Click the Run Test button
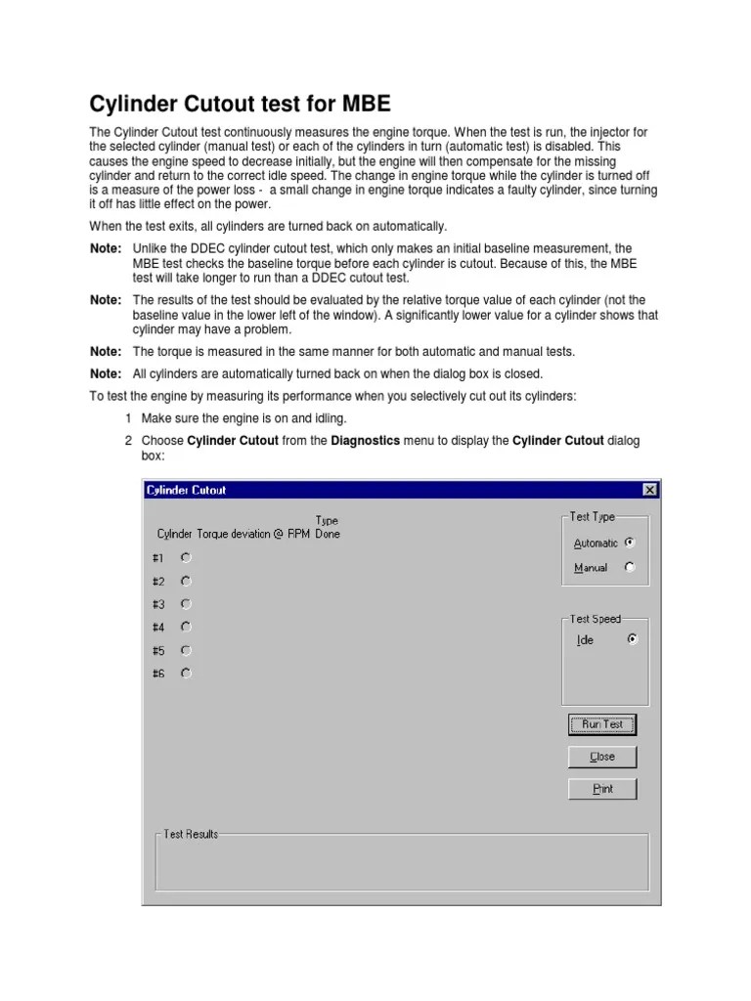click(602, 724)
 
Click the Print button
click(602, 789)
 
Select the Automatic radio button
click(630, 543)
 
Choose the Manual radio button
click(630, 567)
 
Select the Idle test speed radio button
click(632, 639)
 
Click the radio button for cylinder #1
click(186, 557)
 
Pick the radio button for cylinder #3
click(186, 604)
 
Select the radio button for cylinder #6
click(186, 673)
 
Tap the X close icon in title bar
click(649, 490)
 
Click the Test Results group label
click(192, 834)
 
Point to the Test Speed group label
click(596, 619)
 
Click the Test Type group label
click(593, 517)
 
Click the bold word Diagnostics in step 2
click(366, 441)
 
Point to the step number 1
click(128, 417)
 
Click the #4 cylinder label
click(158, 628)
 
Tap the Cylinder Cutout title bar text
click(186, 490)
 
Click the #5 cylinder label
click(158, 650)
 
